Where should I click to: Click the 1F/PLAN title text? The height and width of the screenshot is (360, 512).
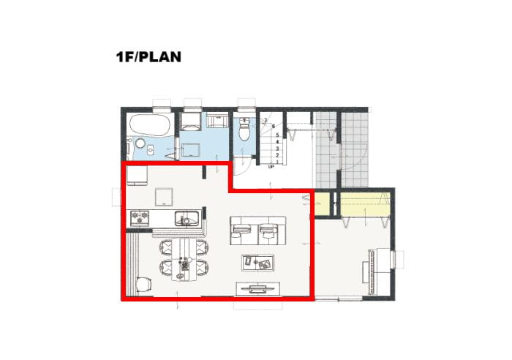click(148, 57)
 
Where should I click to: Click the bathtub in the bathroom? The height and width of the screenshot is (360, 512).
click(150, 125)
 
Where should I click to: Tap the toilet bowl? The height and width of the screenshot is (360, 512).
click(244, 130)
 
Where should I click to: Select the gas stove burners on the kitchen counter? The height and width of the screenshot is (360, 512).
click(140, 218)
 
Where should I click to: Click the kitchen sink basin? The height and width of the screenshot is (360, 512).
click(187, 219)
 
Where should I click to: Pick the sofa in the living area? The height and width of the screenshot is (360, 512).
click(258, 230)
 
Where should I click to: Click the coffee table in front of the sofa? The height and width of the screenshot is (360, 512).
click(257, 263)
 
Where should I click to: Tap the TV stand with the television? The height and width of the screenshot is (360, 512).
click(258, 289)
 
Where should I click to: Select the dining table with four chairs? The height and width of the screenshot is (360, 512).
click(185, 259)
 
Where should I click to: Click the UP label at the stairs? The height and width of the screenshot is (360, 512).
click(271, 167)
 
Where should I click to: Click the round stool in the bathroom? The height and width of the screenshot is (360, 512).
click(140, 143)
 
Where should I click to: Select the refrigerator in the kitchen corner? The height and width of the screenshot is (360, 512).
click(137, 176)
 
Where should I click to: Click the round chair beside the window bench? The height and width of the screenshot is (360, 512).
click(143, 284)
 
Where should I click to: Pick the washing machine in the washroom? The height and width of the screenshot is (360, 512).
click(190, 121)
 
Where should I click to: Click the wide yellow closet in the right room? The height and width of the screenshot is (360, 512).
click(366, 204)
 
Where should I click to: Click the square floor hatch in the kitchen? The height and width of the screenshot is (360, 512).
click(164, 197)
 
